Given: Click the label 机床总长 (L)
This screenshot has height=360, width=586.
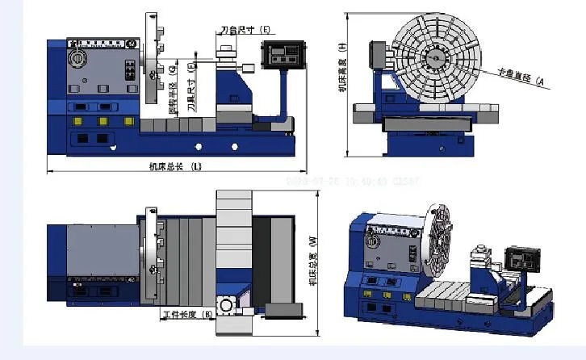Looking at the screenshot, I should click(175, 166).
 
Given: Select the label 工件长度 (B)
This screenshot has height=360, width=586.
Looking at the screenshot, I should click(187, 312).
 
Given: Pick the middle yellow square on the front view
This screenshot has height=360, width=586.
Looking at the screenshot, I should click(103, 120).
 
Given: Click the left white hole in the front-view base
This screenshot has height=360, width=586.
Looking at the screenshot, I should click(199, 146).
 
